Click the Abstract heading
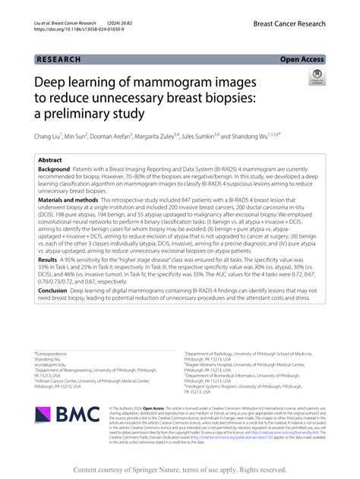(x=50, y=161)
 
